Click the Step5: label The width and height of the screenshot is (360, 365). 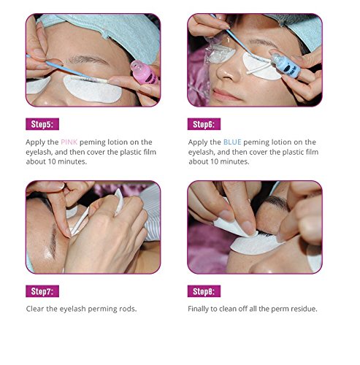(x=42, y=124)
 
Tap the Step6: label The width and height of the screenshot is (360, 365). (x=204, y=124)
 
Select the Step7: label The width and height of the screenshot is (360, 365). (x=42, y=291)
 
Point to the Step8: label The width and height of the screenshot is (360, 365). (x=204, y=291)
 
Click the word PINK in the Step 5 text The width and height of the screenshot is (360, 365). (x=69, y=142)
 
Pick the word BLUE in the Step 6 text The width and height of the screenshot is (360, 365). (x=232, y=142)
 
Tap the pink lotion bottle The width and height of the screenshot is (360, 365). (x=144, y=72)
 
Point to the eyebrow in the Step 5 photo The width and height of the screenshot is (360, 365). (x=88, y=60)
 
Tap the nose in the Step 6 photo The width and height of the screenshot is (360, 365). (x=225, y=71)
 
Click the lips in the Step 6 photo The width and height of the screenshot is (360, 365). (x=225, y=94)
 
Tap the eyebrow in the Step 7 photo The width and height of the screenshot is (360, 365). (x=53, y=241)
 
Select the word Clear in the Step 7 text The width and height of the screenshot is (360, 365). (x=35, y=309)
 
